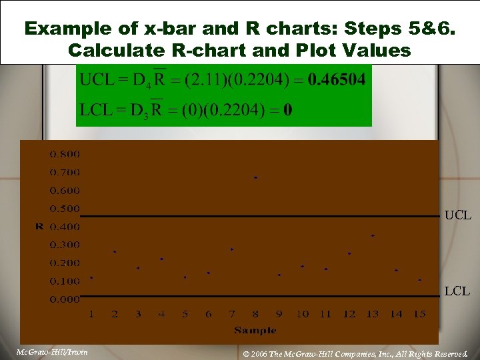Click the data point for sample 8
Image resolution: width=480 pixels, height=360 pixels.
click(255, 178)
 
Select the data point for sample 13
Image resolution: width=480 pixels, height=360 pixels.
click(373, 236)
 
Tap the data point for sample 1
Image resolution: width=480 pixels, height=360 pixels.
click(91, 278)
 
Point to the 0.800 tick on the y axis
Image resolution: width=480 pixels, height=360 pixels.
click(65, 154)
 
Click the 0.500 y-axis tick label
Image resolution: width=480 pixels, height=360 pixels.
click(65, 209)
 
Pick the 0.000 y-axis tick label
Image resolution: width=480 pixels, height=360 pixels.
click(65, 299)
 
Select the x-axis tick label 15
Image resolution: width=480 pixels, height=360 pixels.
click(419, 314)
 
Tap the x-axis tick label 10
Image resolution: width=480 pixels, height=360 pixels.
click(302, 314)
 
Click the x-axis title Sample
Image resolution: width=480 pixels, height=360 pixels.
click(255, 330)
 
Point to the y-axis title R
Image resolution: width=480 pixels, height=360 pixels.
click(39, 227)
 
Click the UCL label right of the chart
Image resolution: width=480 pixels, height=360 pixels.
click(458, 215)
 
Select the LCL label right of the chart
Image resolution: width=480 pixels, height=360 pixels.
click(457, 291)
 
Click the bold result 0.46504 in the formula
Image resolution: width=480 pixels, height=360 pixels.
click(331, 81)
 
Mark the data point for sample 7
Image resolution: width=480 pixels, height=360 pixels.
click(232, 249)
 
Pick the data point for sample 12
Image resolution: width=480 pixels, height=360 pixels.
click(349, 254)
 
